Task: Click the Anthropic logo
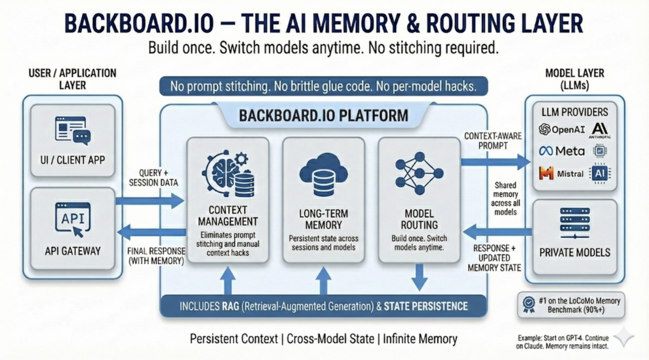click(599, 130)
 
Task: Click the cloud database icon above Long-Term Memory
click(323, 174)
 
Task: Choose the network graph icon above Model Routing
click(419, 172)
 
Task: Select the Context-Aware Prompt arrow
click(495, 162)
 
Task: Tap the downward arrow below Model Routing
click(419, 277)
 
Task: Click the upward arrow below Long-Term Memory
click(323, 280)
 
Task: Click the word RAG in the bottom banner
click(230, 306)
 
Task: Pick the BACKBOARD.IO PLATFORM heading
click(323, 116)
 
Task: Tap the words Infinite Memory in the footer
click(420, 339)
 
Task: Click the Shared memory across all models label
click(505, 199)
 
